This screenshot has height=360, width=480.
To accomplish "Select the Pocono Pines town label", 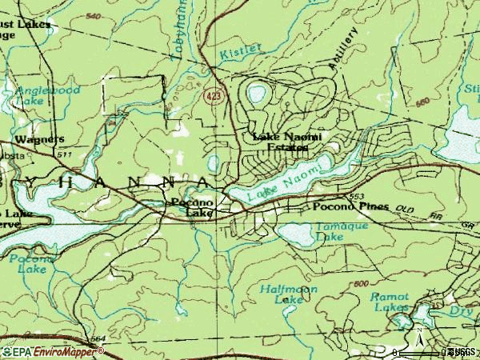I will click(350, 206).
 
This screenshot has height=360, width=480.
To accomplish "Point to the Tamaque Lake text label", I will click(330, 232).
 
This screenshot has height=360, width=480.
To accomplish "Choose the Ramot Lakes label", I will click(390, 301).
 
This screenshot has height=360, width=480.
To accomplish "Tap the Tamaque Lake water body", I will click(294, 234).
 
